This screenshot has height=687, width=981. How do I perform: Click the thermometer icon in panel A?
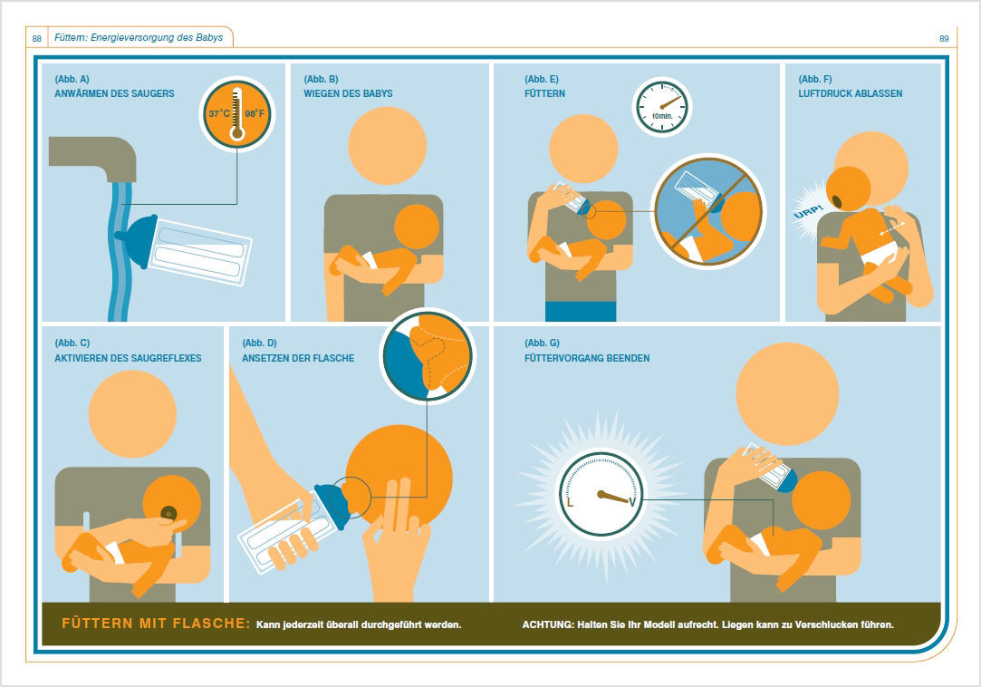pos(236,113)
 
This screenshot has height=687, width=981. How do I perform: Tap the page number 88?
pos(37,39)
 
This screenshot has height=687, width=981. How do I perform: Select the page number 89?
pos(944,39)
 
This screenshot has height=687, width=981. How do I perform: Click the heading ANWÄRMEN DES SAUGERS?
pos(114,94)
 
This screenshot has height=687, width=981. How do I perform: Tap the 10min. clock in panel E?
pos(662,107)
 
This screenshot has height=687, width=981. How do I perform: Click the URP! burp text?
pos(808,211)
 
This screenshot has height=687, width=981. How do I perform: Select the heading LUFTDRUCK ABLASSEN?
pos(851,94)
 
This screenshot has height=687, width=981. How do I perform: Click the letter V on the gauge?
pos(632,502)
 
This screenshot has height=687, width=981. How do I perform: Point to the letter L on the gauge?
pos(570,502)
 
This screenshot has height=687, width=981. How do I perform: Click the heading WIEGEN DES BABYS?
pos(348,94)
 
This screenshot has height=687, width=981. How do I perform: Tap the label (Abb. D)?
pos(259,343)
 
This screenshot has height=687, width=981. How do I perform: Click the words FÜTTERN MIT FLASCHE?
pos(156,624)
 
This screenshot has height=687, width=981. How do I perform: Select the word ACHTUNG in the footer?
pos(547,624)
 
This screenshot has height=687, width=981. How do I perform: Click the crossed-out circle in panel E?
pos(708,212)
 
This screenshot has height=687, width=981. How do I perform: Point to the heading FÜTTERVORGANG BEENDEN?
pos(587,358)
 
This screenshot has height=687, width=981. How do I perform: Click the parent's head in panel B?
pos(388,145)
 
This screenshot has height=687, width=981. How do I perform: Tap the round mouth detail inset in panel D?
pos(428,356)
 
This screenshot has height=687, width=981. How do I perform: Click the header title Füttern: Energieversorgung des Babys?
pos(139,37)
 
